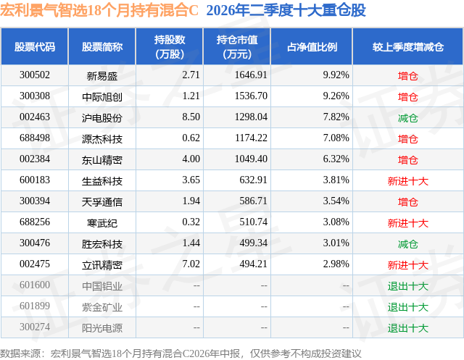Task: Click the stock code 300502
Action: tap(35, 75)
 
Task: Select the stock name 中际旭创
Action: tap(102, 96)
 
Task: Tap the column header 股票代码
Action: tap(35, 46)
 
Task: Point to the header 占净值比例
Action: tap(312, 46)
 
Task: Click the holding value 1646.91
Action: tap(251, 75)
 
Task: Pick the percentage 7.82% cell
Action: tap(336, 117)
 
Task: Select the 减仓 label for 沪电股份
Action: tap(407, 118)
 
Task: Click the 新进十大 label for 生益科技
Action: tap(407, 181)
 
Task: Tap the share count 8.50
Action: tap(191, 117)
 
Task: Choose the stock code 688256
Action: tap(35, 222)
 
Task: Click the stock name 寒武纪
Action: tap(102, 223)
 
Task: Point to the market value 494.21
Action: tap(253, 264)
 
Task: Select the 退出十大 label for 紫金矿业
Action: tap(407, 307)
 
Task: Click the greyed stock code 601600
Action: tap(35, 285)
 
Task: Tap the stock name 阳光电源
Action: tap(102, 328)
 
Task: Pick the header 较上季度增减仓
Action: tap(407, 46)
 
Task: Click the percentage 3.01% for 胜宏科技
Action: tap(336, 243)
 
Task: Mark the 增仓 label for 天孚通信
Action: tap(407, 202)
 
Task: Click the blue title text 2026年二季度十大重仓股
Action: tap(286, 10)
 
